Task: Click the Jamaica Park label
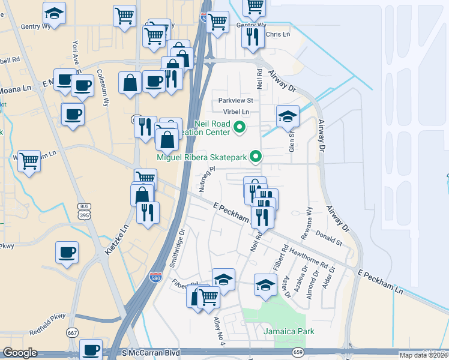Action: [289, 331]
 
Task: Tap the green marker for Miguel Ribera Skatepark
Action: [256, 157]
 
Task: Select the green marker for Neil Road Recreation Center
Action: [240, 127]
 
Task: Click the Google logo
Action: [20, 353]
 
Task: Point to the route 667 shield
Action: [73, 333]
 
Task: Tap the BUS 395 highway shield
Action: [84, 211]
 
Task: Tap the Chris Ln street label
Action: [277, 35]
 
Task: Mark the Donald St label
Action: [329, 239]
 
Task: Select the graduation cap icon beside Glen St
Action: [288, 116]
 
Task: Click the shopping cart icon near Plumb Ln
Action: [29, 161]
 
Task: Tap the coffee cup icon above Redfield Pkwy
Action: [67, 252]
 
